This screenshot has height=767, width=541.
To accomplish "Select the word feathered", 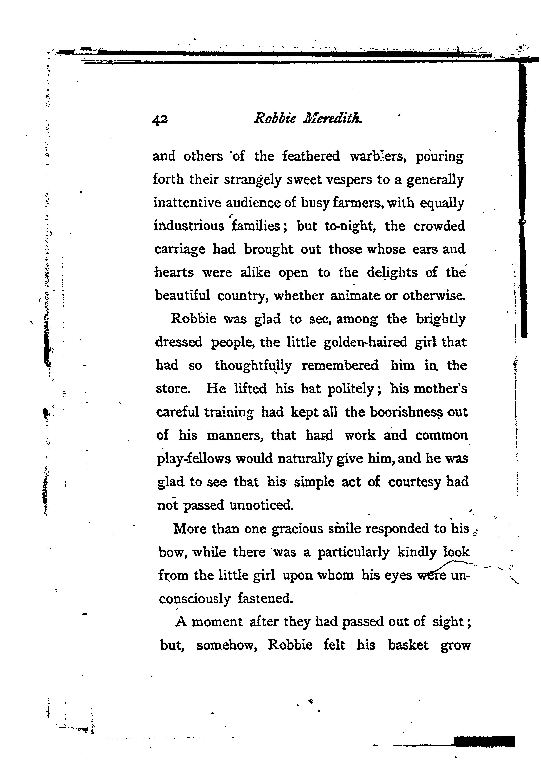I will click(x=311, y=156).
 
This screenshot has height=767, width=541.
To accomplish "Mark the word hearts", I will click(x=174, y=273).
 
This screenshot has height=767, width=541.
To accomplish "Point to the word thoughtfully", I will click(x=253, y=366).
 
